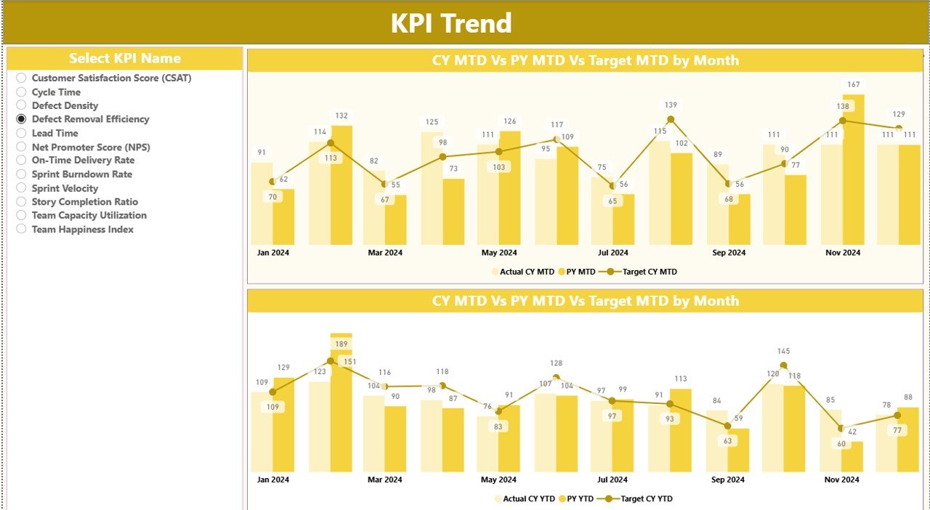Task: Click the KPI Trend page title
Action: pyautogui.click(x=451, y=23)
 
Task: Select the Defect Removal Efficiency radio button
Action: pyautogui.click(x=22, y=119)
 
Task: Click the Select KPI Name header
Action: pyautogui.click(x=125, y=59)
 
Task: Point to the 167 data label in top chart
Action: pyautogui.click(x=854, y=85)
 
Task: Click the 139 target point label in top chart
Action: pyautogui.click(x=670, y=105)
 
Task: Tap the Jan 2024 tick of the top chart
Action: pyautogui.click(x=272, y=253)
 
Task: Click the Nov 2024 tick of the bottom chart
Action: pyautogui.click(x=842, y=479)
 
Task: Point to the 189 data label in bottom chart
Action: pyautogui.click(x=341, y=344)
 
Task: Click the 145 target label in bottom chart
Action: pyautogui.click(x=783, y=352)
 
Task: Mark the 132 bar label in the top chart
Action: pyautogui.click(x=341, y=116)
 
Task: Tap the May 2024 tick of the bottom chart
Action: pyautogui.click(x=498, y=479)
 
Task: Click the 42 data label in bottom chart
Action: pyautogui.click(x=852, y=432)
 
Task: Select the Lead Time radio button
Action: pyautogui.click(x=22, y=134)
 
